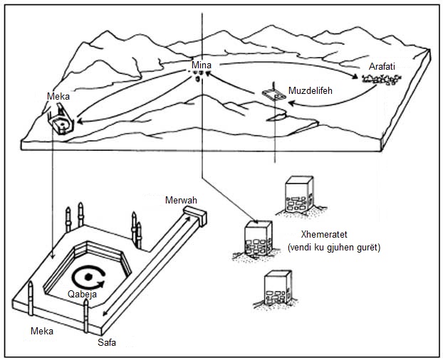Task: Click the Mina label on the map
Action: (x=202, y=65)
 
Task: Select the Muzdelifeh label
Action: (x=310, y=91)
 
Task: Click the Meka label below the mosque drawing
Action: (x=42, y=331)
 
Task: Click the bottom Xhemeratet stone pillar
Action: (x=277, y=287)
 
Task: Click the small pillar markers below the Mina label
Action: (x=203, y=73)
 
